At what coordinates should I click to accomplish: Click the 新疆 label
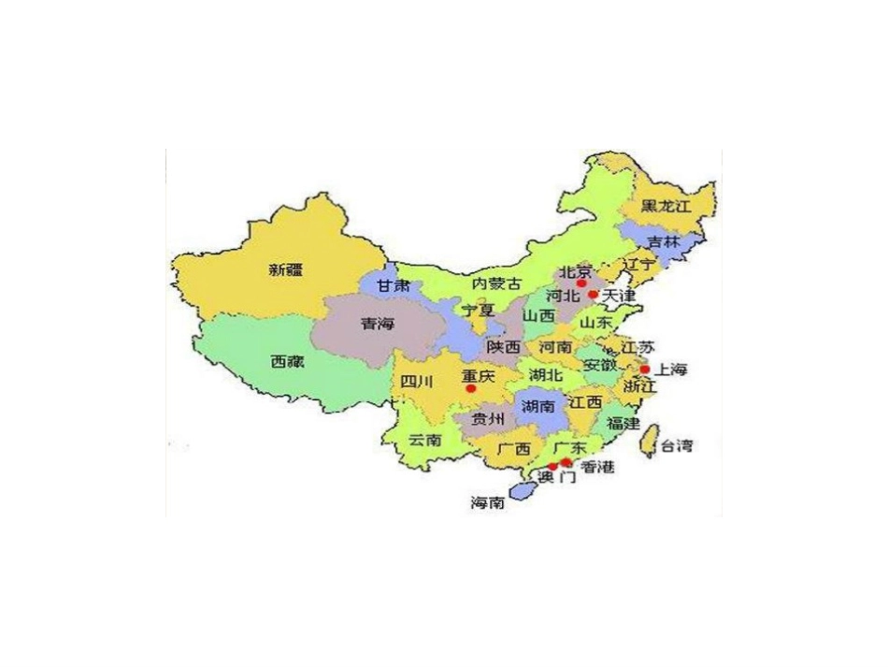tap(286, 270)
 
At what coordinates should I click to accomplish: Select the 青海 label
tap(378, 325)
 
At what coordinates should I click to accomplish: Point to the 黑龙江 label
tap(665, 206)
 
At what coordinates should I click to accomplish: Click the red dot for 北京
tap(581, 283)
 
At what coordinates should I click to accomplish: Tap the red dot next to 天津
tap(593, 295)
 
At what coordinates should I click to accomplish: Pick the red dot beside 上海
tap(645, 370)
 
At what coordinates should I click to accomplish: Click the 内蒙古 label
tap(496, 283)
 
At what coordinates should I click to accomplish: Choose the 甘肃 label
tap(393, 286)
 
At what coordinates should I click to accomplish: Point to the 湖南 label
tap(539, 407)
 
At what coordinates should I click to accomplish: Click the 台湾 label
tap(677, 446)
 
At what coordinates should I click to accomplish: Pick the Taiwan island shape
tap(647, 442)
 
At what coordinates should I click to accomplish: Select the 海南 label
tap(488, 503)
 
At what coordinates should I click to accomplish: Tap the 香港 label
tap(597, 468)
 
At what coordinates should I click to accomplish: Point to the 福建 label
tap(623, 424)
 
